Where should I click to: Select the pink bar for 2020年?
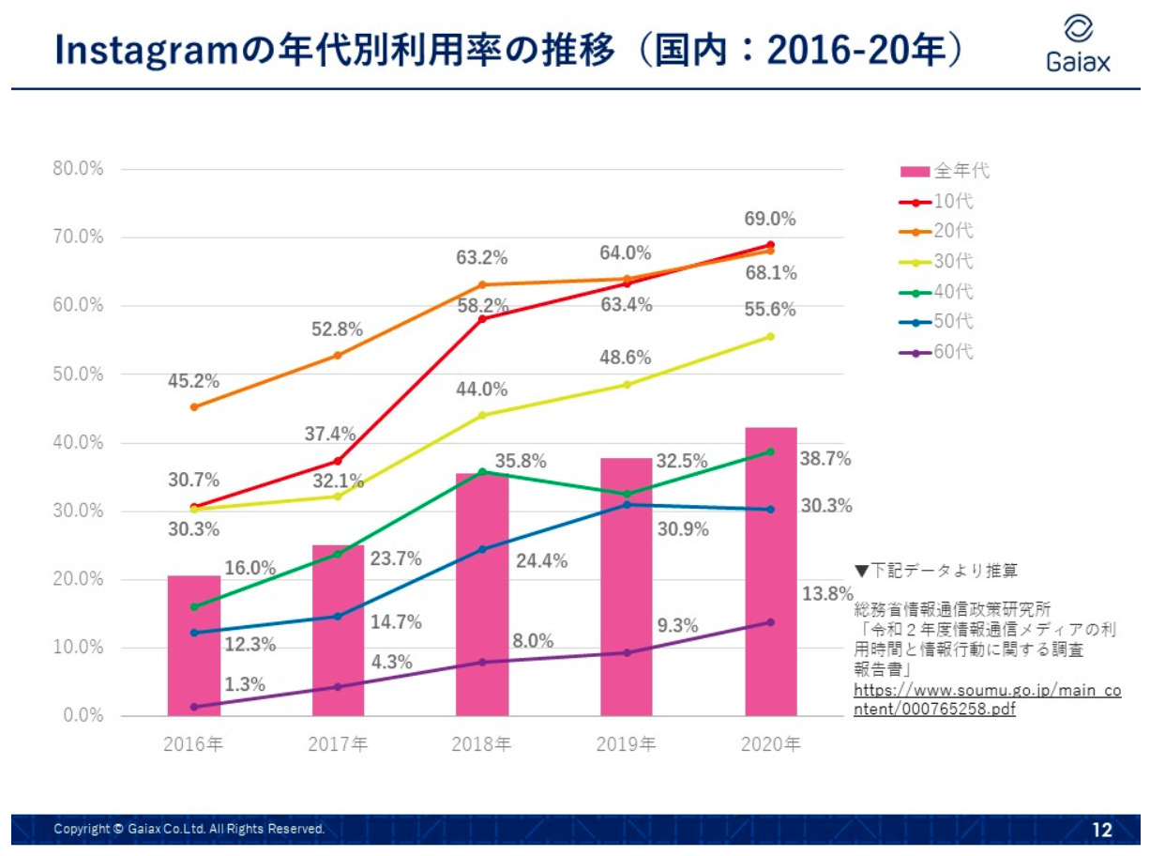click(770, 572)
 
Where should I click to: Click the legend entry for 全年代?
click(945, 171)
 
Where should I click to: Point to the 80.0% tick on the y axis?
click(79, 170)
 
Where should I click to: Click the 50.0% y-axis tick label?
click(79, 374)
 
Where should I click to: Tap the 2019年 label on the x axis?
click(626, 744)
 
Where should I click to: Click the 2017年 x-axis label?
click(338, 744)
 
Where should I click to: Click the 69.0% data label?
click(770, 219)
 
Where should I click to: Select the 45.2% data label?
click(193, 381)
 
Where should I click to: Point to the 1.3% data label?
click(245, 684)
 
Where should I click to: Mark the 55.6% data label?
click(770, 309)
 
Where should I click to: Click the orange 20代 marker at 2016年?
click(194, 407)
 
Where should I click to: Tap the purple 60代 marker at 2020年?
click(770, 622)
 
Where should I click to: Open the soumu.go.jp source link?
click(986, 699)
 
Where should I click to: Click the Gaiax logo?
click(1078, 44)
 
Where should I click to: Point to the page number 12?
click(1101, 830)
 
